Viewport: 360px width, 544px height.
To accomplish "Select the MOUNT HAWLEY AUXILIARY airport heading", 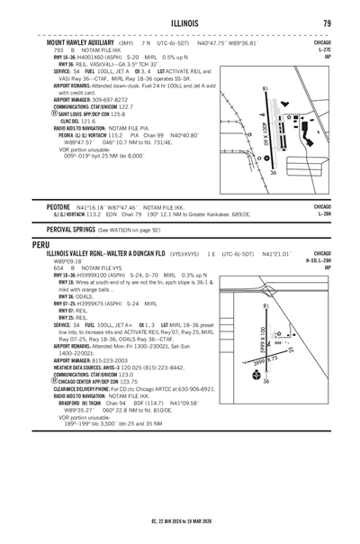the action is (x=79, y=42).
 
